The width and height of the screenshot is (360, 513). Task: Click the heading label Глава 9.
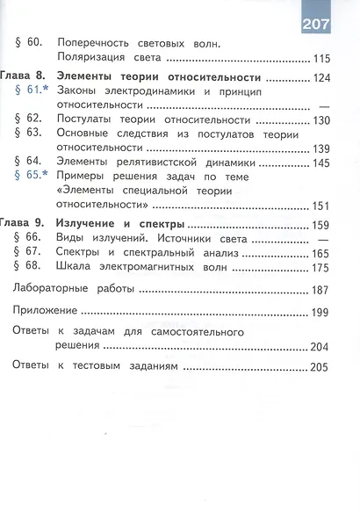(19, 224)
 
